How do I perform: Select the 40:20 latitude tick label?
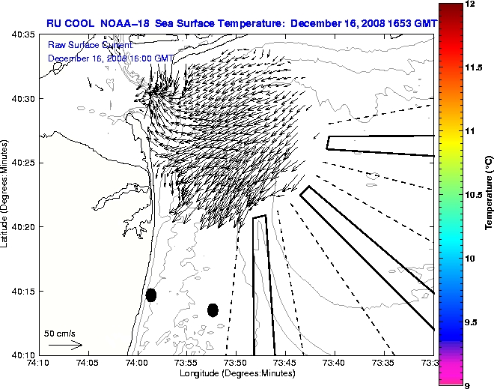[25, 226]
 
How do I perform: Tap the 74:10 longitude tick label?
[39, 363]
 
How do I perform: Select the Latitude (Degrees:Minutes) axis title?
[6, 194]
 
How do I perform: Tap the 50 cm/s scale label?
[59, 333]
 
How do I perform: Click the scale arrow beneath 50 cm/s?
[65, 345]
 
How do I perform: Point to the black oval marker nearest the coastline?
[151, 295]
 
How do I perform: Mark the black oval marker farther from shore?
[213, 310]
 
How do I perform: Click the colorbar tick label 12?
[469, 4]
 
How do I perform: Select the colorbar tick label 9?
[467, 385]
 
